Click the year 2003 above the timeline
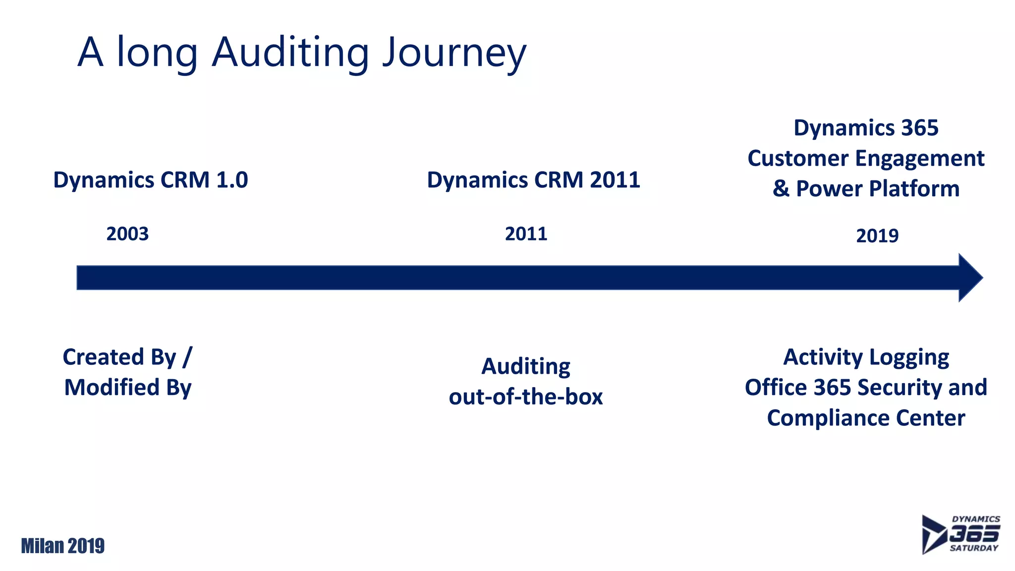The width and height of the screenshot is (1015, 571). tap(127, 234)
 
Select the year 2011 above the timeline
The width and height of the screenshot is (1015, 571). tap(526, 234)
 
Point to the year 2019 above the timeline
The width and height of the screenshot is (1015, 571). tap(877, 236)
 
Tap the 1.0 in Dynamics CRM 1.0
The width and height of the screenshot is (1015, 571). tap(232, 180)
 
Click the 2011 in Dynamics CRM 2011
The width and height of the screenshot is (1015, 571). tap(615, 180)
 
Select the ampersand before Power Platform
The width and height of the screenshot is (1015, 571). tap(781, 189)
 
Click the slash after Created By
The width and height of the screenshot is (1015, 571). tap(187, 357)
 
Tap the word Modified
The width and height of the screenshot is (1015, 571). tap(112, 388)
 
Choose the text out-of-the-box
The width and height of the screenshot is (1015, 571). tap(526, 397)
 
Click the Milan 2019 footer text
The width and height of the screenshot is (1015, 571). tap(63, 546)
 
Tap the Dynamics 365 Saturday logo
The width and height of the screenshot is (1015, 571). tap(960, 534)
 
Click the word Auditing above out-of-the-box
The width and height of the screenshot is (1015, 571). tap(526, 367)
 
